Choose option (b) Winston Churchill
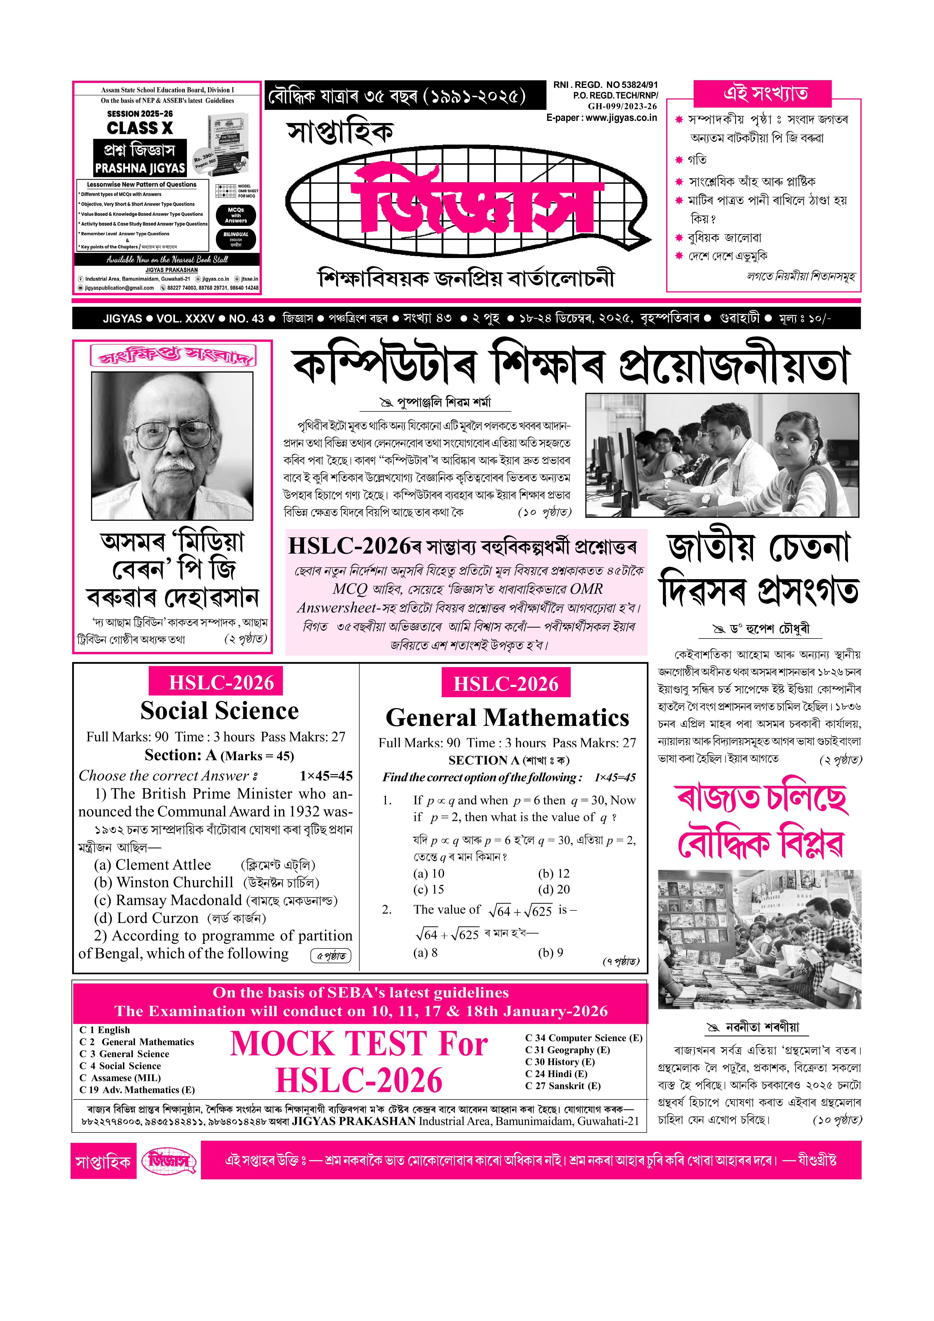tap(164, 883)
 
